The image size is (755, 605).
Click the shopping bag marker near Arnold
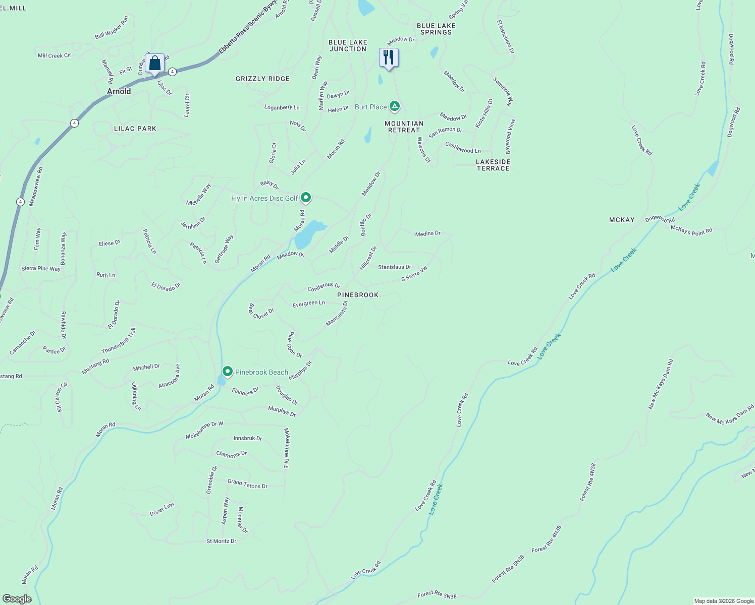tap(155, 64)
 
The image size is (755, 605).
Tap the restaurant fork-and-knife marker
tap(389, 57)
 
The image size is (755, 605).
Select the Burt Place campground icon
tap(395, 106)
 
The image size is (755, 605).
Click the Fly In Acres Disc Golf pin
tap(305, 198)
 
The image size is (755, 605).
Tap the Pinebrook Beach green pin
tap(228, 372)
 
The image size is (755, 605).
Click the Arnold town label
tap(119, 91)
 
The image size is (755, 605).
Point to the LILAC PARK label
tap(135, 129)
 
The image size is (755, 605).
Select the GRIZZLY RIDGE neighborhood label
tap(262, 79)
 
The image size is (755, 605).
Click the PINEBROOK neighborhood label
tap(358, 295)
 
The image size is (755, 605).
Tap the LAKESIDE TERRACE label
tap(493, 165)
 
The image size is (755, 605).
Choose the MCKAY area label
tap(622, 220)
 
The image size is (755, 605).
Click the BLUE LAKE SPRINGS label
tap(436, 29)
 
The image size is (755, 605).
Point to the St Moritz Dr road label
tap(221, 541)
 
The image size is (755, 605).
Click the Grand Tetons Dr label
tap(247, 484)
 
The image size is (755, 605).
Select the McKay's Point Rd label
tap(691, 230)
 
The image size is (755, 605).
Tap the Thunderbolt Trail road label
tap(119, 341)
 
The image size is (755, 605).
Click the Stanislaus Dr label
tap(395, 267)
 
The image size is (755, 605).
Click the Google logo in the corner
tap(17, 598)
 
